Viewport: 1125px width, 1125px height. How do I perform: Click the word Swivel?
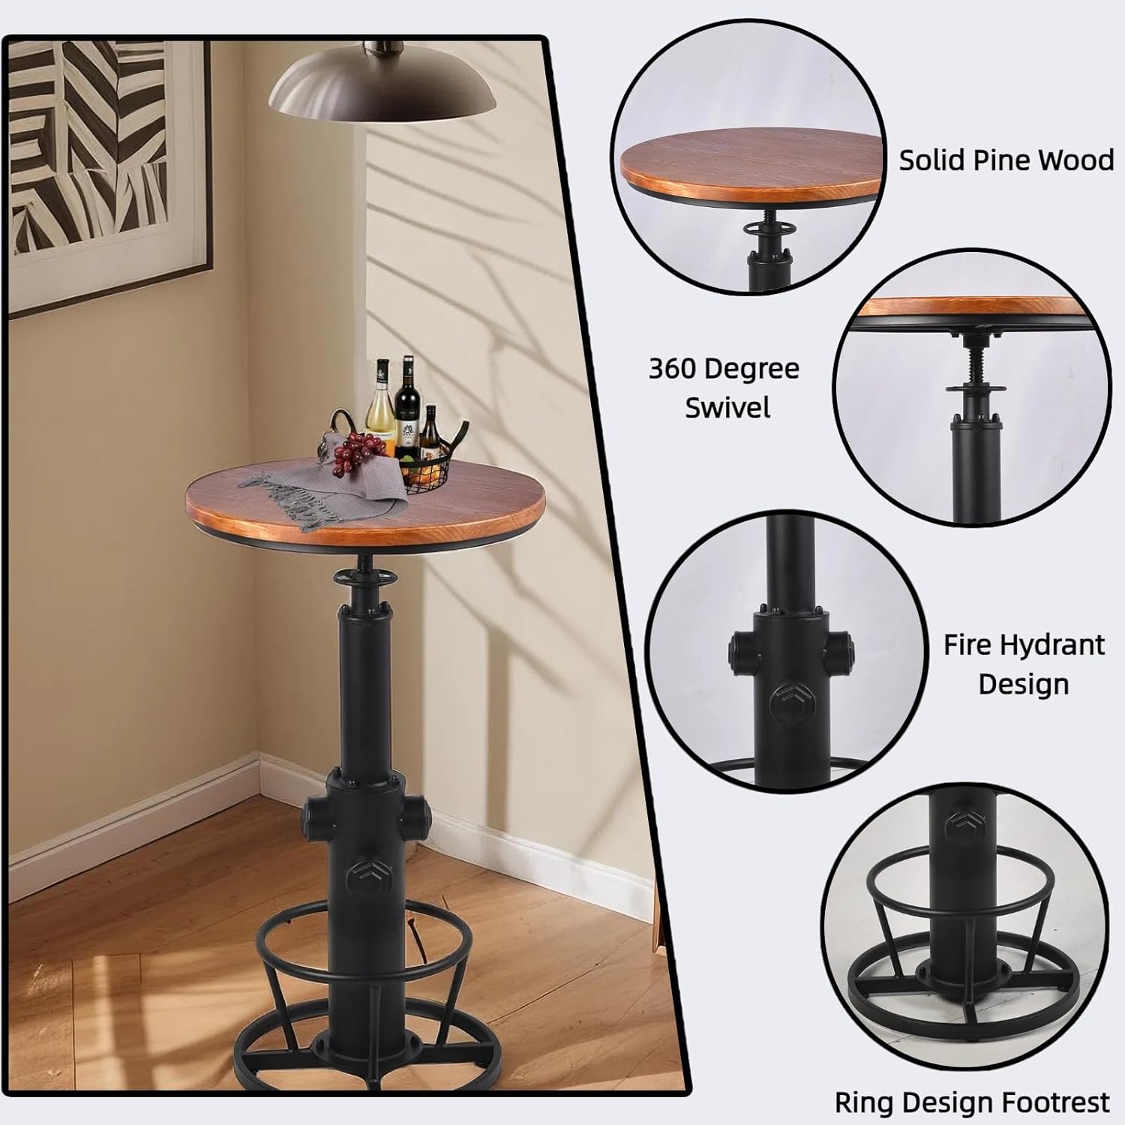click(727, 408)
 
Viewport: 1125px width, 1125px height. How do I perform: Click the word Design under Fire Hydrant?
click(1023, 684)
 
